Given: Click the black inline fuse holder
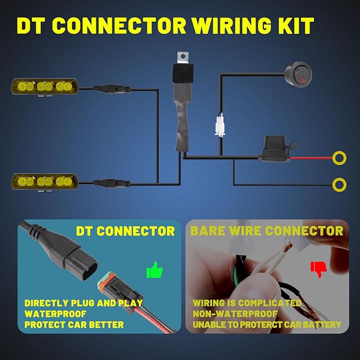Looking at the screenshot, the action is pyautogui.click(x=276, y=149).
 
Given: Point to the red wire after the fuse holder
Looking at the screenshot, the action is pyautogui.click(x=311, y=158).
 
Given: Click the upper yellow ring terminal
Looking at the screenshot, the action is pyautogui.click(x=339, y=158).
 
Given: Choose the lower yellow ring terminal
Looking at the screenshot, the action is pyautogui.click(x=339, y=185).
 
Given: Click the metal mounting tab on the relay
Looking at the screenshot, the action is pyautogui.click(x=183, y=57).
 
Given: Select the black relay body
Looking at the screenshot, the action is pyautogui.click(x=183, y=73).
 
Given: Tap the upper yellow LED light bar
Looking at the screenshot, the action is pyautogui.click(x=45, y=87).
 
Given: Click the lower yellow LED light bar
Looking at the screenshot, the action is pyautogui.click(x=45, y=182).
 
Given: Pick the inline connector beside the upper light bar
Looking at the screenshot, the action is pyautogui.click(x=112, y=89).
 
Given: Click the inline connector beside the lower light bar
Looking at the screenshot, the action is pyautogui.click(x=112, y=183).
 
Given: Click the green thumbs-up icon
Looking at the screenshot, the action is pyautogui.click(x=154, y=270).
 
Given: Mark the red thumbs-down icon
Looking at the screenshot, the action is pyautogui.click(x=319, y=269).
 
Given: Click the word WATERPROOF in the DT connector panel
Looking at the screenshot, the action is pyautogui.click(x=55, y=314).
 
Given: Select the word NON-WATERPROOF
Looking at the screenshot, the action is pyautogui.click(x=235, y=314).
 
